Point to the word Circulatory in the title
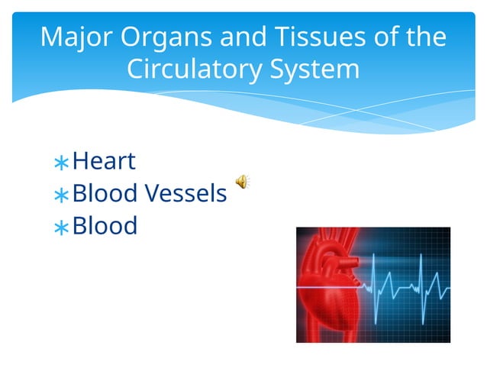pos(195,69)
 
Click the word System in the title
pos(315,69)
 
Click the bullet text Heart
pos(104,161)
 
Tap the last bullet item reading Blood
pos(105,226)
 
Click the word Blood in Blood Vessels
pos(105,194)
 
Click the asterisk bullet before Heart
pos(61,163)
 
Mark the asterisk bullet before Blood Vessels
pos(61,196)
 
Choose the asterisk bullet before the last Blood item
pos(61,228)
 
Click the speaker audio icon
pos(240,181)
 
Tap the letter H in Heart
pos(80,161)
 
